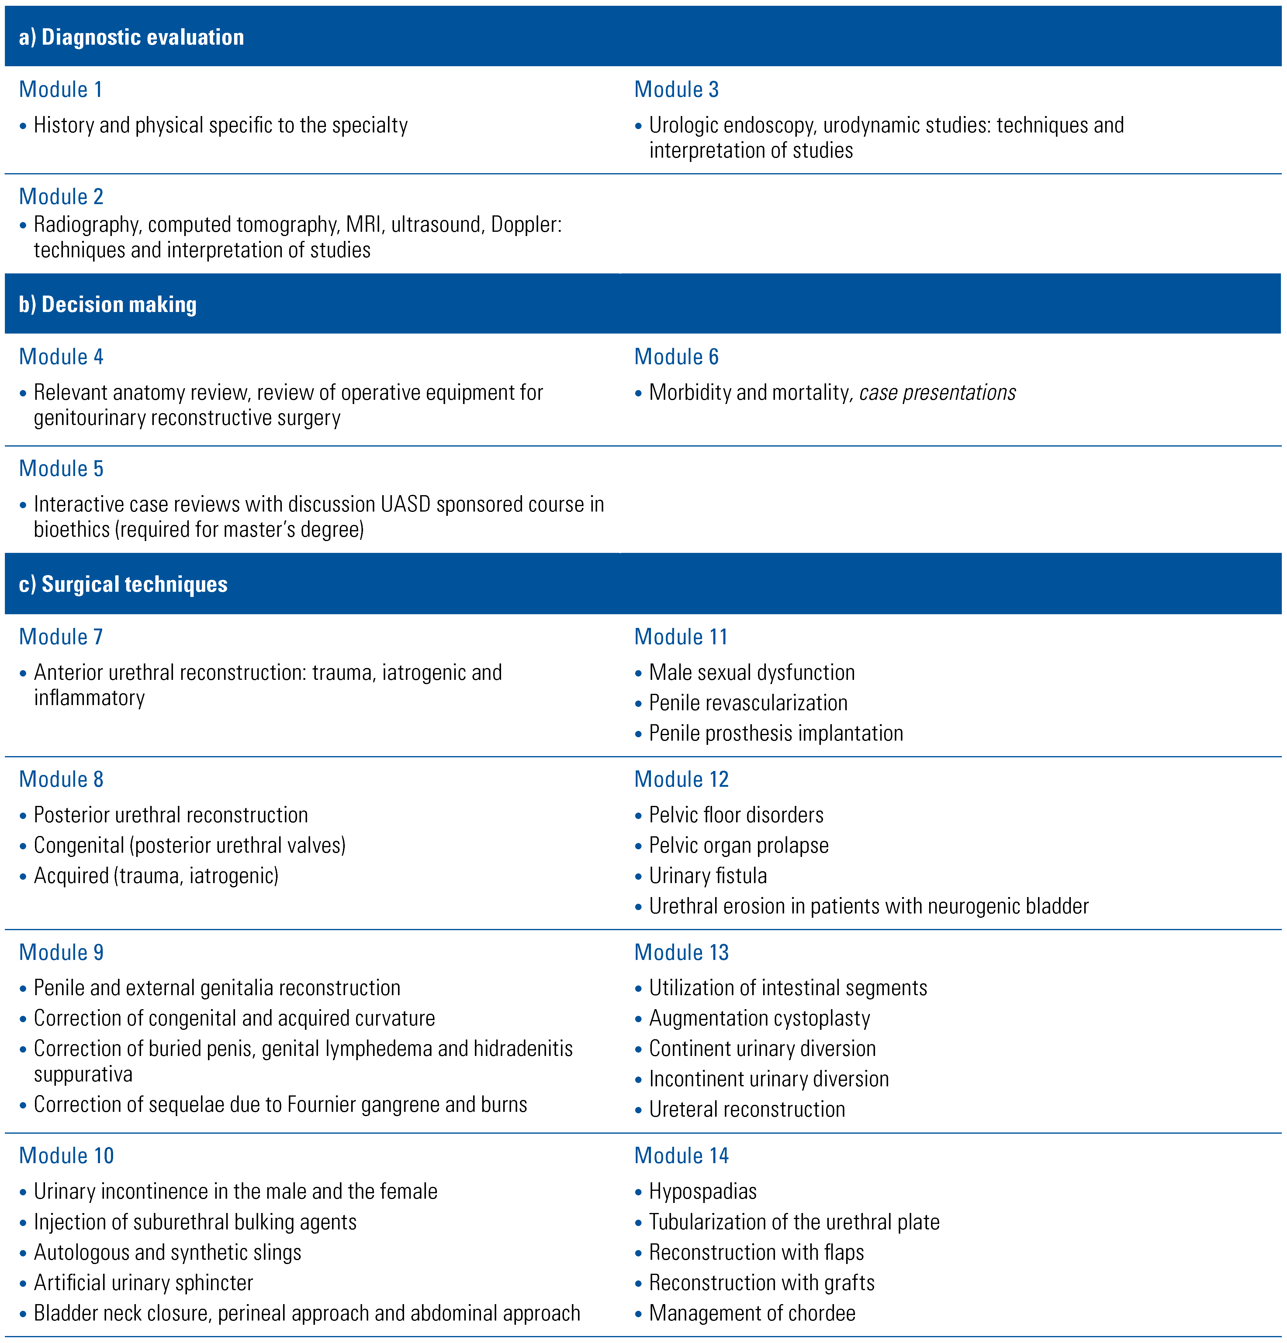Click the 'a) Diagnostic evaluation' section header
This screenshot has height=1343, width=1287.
[131, 37]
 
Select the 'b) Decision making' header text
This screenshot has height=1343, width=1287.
[108, 304]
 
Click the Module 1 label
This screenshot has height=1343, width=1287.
[61, 89]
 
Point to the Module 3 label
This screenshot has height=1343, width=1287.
[676, 89]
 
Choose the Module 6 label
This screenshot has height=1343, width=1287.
[676, 356]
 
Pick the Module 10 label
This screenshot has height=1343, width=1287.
[67, 1155]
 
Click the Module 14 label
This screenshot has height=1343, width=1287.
[681, 1155]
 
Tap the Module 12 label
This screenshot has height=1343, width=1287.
[681, 779]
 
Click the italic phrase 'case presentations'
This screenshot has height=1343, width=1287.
[937, 392]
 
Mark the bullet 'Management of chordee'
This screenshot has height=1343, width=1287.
[752, 1313]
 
